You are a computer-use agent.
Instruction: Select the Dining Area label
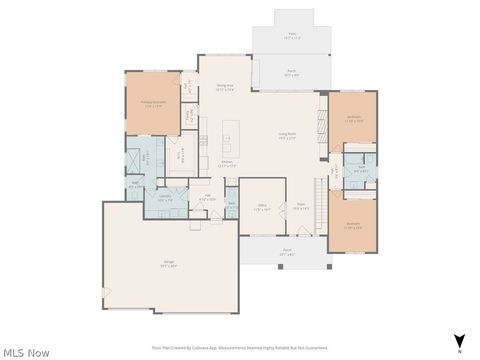pos(225,87)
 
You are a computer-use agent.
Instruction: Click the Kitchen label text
pos(227,163)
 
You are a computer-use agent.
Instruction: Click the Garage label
pos(170,265)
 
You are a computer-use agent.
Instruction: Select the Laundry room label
pos(165,198)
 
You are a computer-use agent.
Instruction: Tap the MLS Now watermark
pos(25,352)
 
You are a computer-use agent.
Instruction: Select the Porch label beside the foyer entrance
pos(287,252)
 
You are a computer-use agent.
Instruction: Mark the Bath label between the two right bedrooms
pos(361,168)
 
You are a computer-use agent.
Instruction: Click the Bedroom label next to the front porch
pos(353,225)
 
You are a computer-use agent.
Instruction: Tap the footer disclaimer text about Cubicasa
pos(240,347)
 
